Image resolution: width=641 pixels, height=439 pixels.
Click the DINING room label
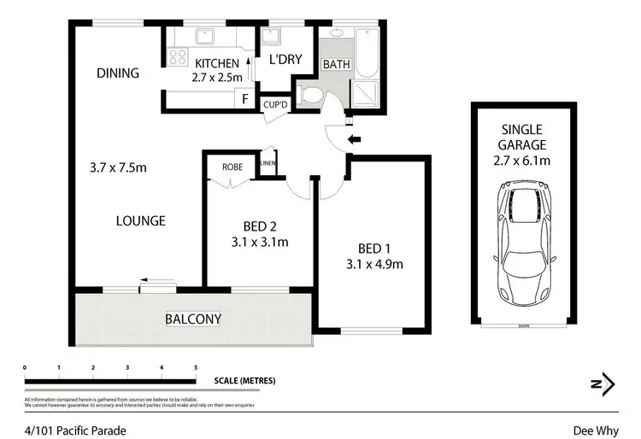(x=118, y=73)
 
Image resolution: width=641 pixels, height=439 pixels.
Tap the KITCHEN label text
(x=216, y=63)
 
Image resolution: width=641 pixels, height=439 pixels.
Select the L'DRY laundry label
(x=283, y=61)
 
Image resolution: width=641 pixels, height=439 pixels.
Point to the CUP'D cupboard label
(x=275, y=104)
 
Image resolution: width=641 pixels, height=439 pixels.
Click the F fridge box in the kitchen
(x=245, y=99)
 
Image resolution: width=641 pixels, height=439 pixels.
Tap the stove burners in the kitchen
(x=178, y=56)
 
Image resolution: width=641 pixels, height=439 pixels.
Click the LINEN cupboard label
(x=268, y=162)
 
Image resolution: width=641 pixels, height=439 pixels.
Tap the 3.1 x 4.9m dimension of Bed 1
(x=374, y=264)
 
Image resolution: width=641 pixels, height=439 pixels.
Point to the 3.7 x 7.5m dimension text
(x=117, y=167)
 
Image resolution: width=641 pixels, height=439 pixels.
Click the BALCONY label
(x=193, y=319)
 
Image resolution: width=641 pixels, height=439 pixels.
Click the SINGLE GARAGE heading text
(x=524, y=137)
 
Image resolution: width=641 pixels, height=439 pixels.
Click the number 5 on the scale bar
(x=196, y=367)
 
